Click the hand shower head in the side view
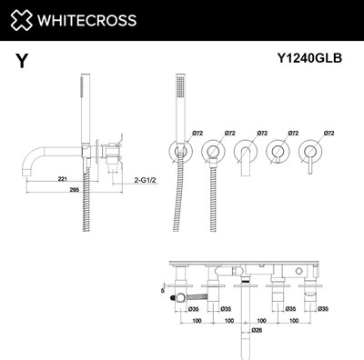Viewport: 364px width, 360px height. coord(76,95)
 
